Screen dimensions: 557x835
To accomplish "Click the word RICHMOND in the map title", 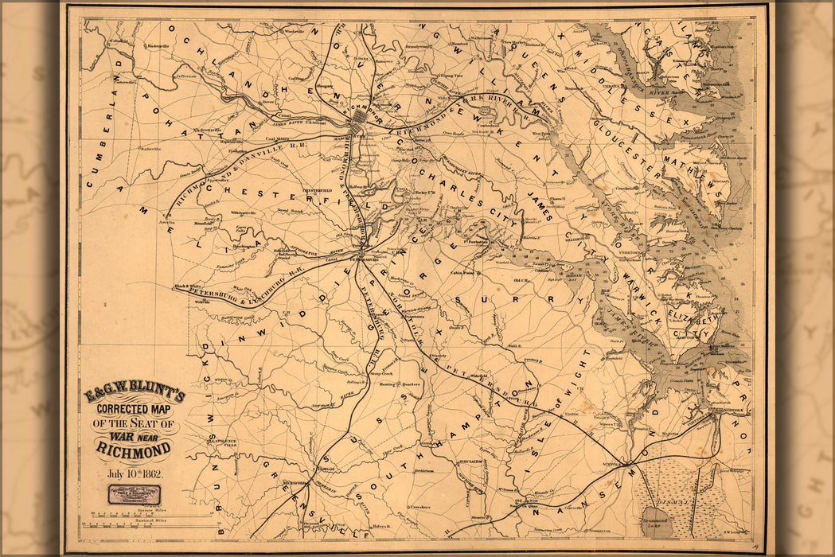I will pyautogui.click(x=134, y=451).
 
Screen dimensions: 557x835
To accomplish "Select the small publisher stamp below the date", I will pyautogui.click(x=134, y=495).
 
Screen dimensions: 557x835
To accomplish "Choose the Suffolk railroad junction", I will pyautogui.click(x=629, y=462).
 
